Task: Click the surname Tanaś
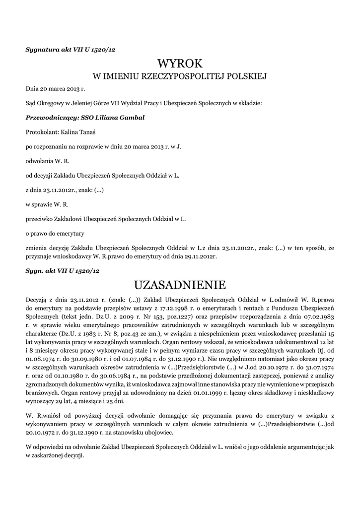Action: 89,132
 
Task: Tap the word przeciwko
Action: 41,218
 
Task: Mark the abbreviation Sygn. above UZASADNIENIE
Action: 35,271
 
